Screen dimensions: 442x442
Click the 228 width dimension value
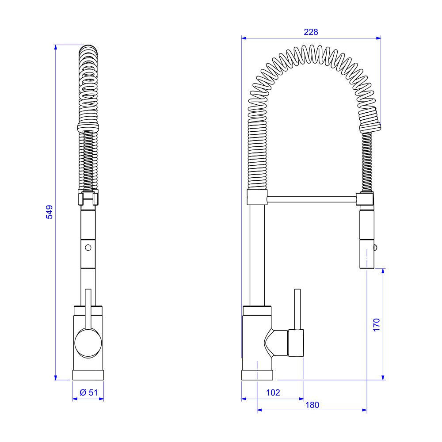coord(311,32)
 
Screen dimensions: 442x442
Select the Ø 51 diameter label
coord(88,392)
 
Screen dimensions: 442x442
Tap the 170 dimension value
coord(376,325)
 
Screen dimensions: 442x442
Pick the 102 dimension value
coord(273,392)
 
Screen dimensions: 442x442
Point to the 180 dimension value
coord(312,405)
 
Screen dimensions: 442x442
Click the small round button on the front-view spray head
coord(88,247)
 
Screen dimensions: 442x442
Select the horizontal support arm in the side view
coord(312,199)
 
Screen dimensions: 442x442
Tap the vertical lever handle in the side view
coord(297,309)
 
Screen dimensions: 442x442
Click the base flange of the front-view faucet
coord(88,375)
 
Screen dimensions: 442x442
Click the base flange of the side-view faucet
coord(257,375)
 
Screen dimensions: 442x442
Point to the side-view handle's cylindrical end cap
coord(296,343)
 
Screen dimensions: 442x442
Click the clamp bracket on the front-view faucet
coord(88,198)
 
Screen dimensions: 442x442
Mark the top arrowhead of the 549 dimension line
coord(56,47)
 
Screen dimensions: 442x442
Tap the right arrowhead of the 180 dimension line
coord(365,411)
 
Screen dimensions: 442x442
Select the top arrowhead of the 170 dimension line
coord(383,271)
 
